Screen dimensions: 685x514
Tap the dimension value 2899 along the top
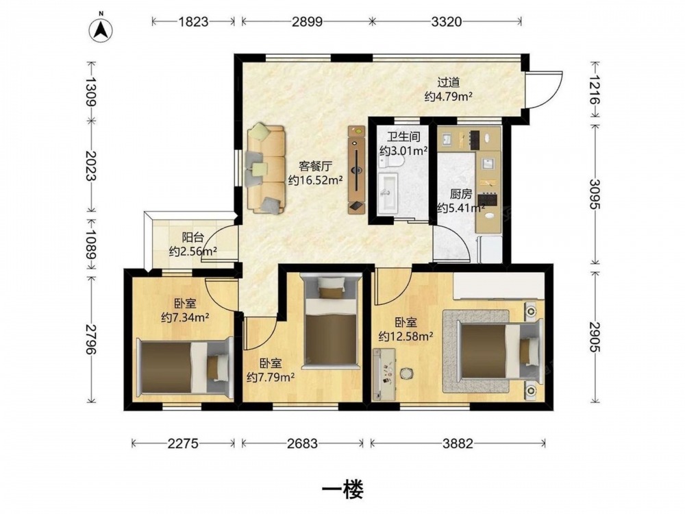[x=307, y=21]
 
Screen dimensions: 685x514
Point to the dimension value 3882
[x=458, y=443]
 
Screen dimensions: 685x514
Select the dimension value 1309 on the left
[x=91, y=91]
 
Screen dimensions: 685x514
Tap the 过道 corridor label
[x=449, y=82]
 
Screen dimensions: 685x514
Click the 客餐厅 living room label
[x=315, y=166]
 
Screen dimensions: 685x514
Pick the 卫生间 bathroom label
[x=404, y=137]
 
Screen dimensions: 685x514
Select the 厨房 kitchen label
[x=461, y=194]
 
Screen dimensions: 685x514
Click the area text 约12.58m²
[x=406, y=336]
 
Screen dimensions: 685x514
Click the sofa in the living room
[x=265, y=169]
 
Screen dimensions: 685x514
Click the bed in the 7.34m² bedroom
[x=184, y=368]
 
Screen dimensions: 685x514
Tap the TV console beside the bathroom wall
[x=356, y=169]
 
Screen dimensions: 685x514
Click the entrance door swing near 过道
[x=544, y=89]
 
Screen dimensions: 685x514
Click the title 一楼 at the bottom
[x=342, y=489]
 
